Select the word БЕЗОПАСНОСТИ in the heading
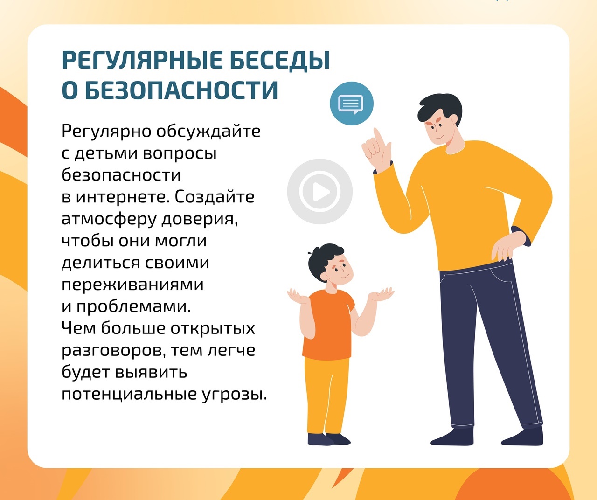181,90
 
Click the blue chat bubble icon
351,104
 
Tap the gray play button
319,192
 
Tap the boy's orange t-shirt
329,325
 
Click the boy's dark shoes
329,439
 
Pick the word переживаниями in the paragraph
132,285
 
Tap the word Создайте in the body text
214,197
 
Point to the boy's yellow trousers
326,396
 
